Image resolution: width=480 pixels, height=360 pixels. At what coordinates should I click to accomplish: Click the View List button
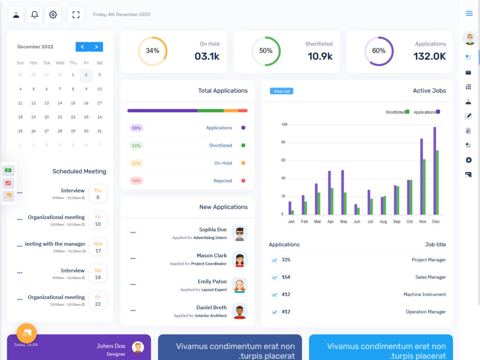point(281,91)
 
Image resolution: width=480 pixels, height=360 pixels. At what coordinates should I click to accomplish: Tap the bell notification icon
point(34,15)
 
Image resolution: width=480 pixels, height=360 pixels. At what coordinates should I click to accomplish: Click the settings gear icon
point(53,15)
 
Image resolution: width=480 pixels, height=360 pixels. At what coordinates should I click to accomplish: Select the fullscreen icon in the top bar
point(75,15)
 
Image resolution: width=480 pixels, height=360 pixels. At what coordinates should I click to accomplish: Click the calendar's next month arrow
point(96,47)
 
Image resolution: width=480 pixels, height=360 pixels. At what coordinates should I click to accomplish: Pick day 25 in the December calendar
point(20,131)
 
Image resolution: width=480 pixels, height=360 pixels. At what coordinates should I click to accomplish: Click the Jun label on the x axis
point(357,221)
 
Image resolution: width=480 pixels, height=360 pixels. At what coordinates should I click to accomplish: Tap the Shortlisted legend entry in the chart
point(397,112)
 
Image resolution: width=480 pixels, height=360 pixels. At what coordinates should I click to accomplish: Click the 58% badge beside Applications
point(136,128)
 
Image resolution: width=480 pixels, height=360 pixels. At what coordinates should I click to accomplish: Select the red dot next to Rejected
point(243,180)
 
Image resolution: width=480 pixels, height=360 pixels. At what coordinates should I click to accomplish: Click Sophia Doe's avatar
point(240,233)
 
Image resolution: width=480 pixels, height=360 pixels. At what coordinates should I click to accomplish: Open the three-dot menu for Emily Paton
point(133,285)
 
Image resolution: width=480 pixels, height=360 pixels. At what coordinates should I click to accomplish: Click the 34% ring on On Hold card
point(152,51)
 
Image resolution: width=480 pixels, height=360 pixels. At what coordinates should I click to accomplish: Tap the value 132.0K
point(429,56)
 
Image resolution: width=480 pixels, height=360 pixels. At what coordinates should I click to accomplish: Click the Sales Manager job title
point(430,277)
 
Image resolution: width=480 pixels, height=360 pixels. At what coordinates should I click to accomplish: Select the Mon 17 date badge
point(98,247)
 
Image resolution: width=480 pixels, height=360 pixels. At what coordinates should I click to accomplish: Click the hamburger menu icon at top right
point(469,13)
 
